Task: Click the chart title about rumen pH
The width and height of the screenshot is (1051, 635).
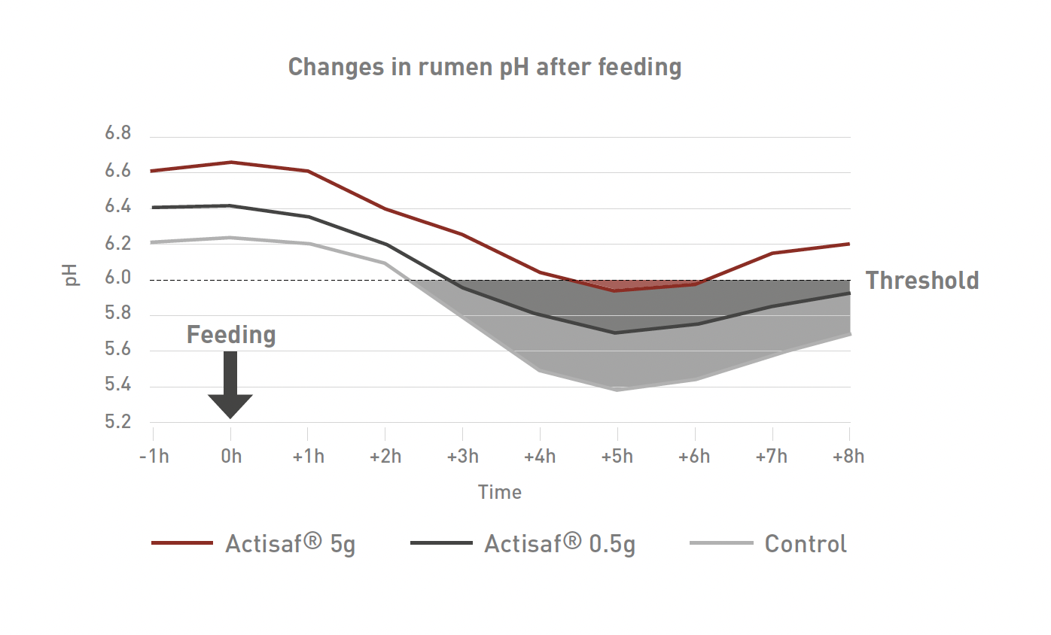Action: [485, 67]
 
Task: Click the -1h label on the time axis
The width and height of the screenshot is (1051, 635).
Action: [154, 457]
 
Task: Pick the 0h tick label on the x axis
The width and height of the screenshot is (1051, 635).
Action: [231, 457]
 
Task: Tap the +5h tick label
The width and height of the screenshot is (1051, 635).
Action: [617, 457]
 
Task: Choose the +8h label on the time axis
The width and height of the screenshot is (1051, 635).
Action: [848, 457]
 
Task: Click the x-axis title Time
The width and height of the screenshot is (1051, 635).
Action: [500, 492]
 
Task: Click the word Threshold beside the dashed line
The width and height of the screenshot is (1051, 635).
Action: [922, 281]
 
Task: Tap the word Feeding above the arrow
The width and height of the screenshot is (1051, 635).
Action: [231, 335]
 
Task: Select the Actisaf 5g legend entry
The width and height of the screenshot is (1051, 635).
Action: [254, 543]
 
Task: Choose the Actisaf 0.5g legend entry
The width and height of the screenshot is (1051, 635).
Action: [523, 543]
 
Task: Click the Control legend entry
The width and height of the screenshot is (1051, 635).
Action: [769, 543]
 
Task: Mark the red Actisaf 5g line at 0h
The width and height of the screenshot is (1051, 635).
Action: [231, 162]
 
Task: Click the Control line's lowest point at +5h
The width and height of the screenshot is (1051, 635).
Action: [617, 390]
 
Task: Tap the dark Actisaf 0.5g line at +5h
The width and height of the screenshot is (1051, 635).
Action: [617, 333]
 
